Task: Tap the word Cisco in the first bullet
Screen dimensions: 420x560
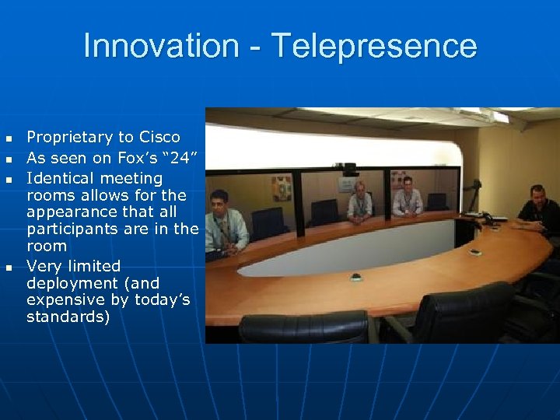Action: (x=159, y=137)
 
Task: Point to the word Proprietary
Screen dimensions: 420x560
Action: (x=69, y=137)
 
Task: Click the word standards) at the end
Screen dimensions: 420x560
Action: (x=68, y=317)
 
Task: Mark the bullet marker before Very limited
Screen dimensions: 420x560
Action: (x=9, y=268)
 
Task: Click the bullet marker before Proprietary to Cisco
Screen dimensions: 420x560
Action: (x=9, y=138)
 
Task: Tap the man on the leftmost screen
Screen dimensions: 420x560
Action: (x=226, y=223)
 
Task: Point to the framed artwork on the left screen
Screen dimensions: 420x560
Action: (x=281, y=187)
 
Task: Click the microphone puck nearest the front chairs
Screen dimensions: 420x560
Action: (x=356, y=277)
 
